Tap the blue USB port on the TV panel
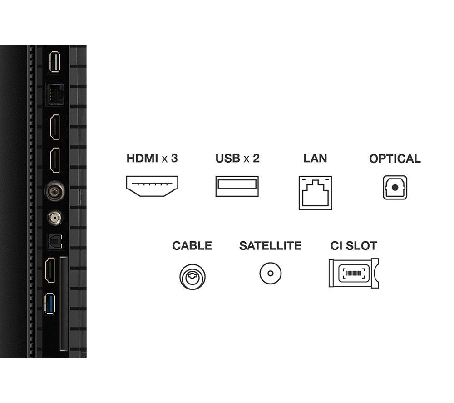pyautogui.click(x=50, y=303)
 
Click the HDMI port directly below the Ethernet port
pyautogui.click(x=54, y=127)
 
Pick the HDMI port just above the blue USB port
pyautogui.click(x=50, y=270)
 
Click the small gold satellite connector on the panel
pyautogui.click(x=54, y=218)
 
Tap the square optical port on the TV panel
pyautogui.click(x=54, y=241)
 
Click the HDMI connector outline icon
pyautogui.click(x=152, y=186)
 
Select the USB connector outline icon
pyautogui.click(x=237, y=186)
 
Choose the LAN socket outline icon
pyautogui.click(x=315, y=192)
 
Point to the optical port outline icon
pyautogui.click(x=395, y=188)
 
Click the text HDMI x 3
pyautogui.click(x=152, y=159)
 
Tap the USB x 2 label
pyautogui.click(x=237, y=159)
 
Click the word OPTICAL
pyautogui.click(x=395, y=159)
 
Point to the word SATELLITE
pyautogui.click(x=270, y=246)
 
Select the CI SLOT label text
pyautogui.click(x=353, y=246)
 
